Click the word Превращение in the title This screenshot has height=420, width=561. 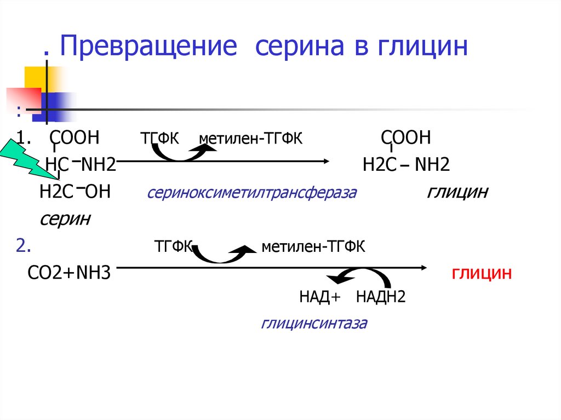tap(149, 48)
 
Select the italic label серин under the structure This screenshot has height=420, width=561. tap(65, 218)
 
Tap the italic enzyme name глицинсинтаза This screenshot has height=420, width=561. tap(314, 323)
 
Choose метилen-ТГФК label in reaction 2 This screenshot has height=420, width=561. tap(313, 247)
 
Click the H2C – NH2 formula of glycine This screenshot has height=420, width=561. tap(406, 164)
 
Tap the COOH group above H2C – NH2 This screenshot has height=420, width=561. tap(406, 137)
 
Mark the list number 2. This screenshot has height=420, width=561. tap(23, 246)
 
